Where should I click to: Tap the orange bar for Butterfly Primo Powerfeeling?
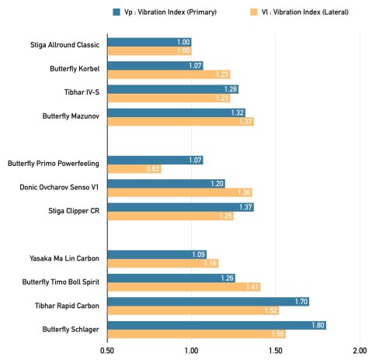(x=134, y=168)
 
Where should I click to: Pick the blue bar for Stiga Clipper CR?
(x=180, y=207)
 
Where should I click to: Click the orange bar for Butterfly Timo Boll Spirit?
(x=183, y=286)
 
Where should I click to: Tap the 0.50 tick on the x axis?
(x=107, y=350)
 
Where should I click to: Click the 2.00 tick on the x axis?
(x=360, y=350)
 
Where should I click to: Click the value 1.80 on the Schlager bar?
(x=317, y=325)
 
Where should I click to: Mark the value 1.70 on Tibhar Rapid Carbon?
(x=300, y=301)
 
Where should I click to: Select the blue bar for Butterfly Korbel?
(x=155, y=65)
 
